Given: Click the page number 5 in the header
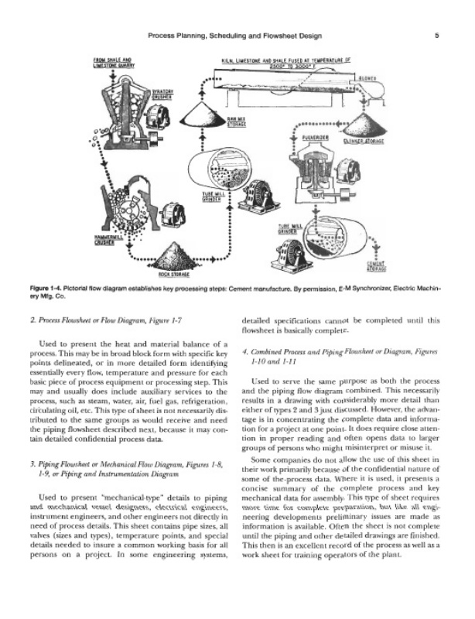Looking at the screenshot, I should pos(437,35).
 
